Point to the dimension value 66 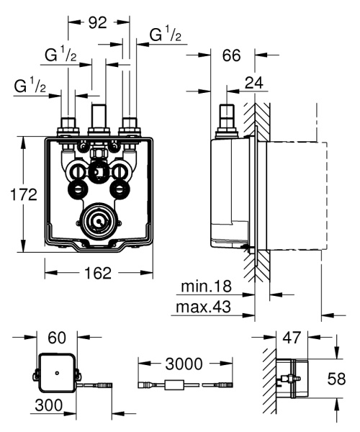[230, 55]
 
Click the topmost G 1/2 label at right [165, 35]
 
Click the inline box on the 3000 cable [174, 385]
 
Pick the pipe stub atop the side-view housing [228, 120]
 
